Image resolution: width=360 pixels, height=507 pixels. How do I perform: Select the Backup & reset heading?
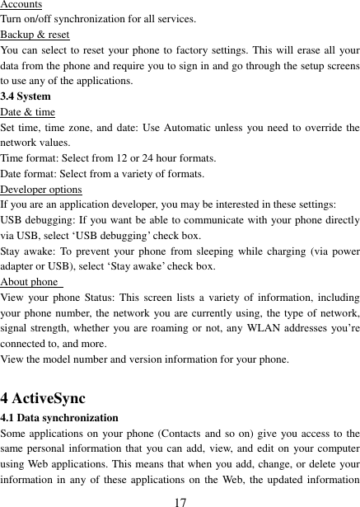(x=35, y=35)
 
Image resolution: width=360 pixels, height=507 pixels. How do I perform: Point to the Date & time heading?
(x=28, y=112)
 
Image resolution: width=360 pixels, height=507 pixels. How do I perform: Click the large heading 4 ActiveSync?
(x=43, y=399)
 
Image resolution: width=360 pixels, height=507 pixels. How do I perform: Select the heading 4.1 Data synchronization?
(x=59, y=418)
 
